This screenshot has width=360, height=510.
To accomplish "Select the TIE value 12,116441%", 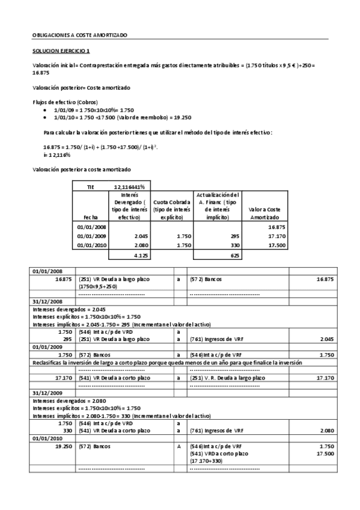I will (130, 187).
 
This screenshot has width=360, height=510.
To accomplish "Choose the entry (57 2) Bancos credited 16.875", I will (207, 279).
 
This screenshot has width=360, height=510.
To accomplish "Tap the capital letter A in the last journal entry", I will (178, 446).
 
